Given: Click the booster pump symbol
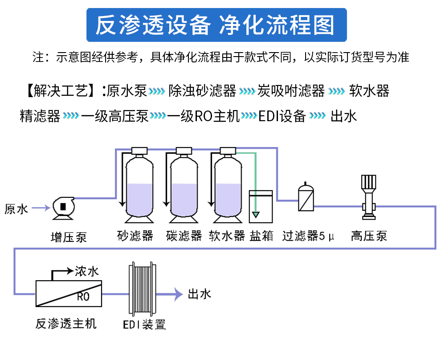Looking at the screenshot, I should point(63,208).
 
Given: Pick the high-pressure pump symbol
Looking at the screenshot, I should point(368,196).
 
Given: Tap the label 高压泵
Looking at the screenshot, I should point(368,236).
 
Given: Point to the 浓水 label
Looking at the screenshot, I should point(86,271).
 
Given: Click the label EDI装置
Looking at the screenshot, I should point(144,324).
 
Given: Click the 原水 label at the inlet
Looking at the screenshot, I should point(16,208).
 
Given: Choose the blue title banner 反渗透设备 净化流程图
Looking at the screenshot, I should point(216,25).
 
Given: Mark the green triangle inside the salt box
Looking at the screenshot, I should point(255,215).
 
